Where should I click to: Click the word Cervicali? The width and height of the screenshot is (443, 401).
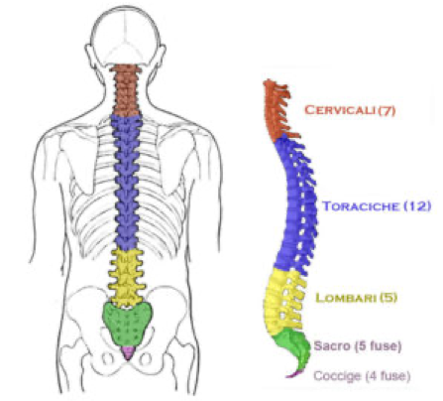(x=340, y=110)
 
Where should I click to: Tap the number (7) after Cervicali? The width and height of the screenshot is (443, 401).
(x=387, y=110)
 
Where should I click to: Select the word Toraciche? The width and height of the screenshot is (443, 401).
(x=361, y=206)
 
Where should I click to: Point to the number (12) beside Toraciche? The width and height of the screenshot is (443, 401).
(x=417, y=206)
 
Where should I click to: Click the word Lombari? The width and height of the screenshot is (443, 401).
(x=346, y=298)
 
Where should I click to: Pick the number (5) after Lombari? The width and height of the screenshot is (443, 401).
(x=388, y=298)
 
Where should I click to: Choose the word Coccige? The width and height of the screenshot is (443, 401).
(x=337, y=376)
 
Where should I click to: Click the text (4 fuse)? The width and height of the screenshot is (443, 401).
(x=387, y=376)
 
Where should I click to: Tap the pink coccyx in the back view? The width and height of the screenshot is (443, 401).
(x=128, y=352)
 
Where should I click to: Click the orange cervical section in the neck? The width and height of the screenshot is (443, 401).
(x=125, y=90)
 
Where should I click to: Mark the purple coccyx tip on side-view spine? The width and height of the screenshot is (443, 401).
(x=294, y=374)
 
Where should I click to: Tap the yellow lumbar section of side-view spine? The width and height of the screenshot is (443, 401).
(x=284, y=301)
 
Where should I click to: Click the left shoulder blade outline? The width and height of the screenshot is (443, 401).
(x=78, y=162)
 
